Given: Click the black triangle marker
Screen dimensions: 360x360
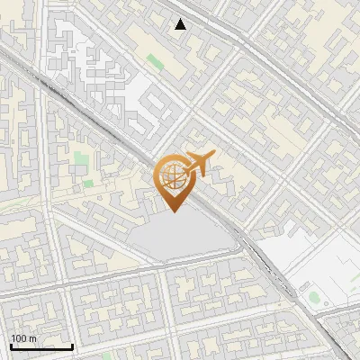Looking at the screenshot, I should [x=181, y=24].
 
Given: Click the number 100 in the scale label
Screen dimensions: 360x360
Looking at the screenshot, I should [x=17, y=338].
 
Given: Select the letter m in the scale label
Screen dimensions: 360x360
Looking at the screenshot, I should [x=31, y=338].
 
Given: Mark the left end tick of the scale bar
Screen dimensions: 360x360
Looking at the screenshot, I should [x=10, y=346].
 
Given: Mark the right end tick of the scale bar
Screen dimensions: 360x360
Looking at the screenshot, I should [x=73, y=346].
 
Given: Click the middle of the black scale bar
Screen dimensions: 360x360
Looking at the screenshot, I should [x=41, y=346].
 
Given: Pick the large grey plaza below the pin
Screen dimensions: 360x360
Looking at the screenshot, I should [x=184, y=238].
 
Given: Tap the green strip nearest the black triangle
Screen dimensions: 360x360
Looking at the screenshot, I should [x=155, y=62].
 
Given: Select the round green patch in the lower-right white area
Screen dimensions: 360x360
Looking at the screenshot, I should [x=312, y=295].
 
